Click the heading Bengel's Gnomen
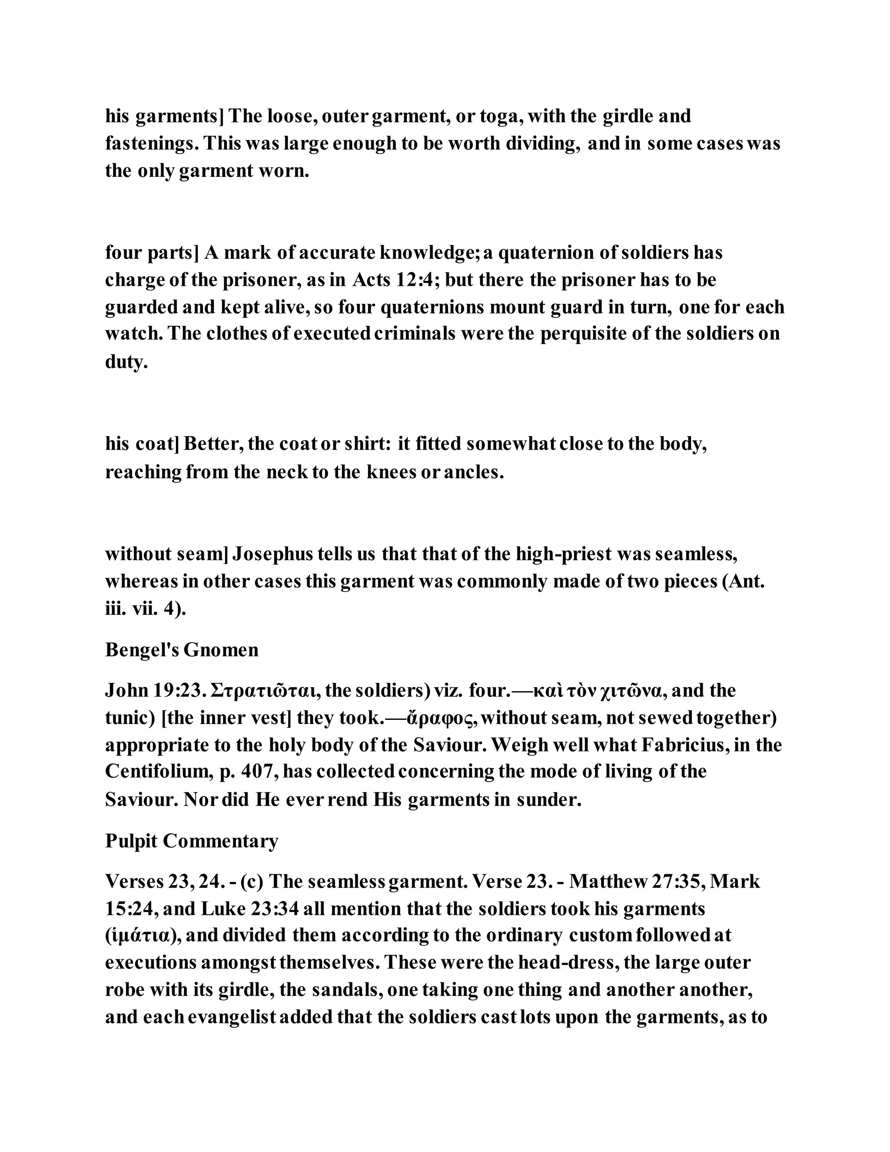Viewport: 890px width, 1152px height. [182, 650]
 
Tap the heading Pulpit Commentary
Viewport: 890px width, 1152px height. [191, 841]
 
